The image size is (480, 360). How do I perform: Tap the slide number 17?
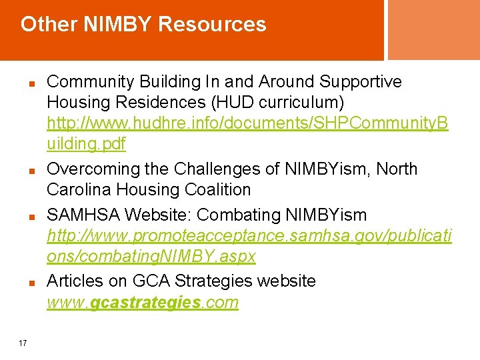(23, 343)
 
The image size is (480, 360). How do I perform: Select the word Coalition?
(218, 190)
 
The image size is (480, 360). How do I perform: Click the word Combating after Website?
(241, 215)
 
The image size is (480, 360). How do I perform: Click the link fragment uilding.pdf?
(86, 144)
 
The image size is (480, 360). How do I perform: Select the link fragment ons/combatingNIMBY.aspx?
(151, 257)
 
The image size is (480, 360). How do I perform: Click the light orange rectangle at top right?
(433, 30)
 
